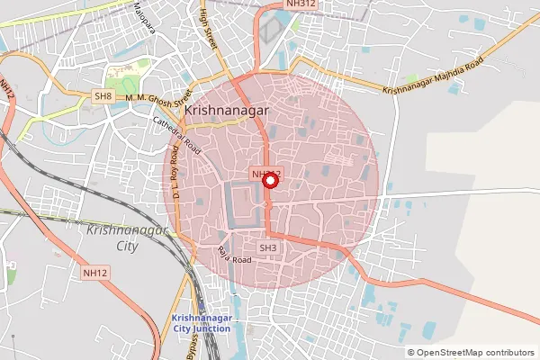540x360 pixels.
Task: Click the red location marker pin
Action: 269,181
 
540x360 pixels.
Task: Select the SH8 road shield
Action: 104,95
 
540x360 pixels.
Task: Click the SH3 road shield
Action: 269,247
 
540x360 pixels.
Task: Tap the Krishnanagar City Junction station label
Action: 201,323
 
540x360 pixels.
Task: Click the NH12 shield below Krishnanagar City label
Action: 94,272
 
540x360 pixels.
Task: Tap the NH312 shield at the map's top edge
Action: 301,4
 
